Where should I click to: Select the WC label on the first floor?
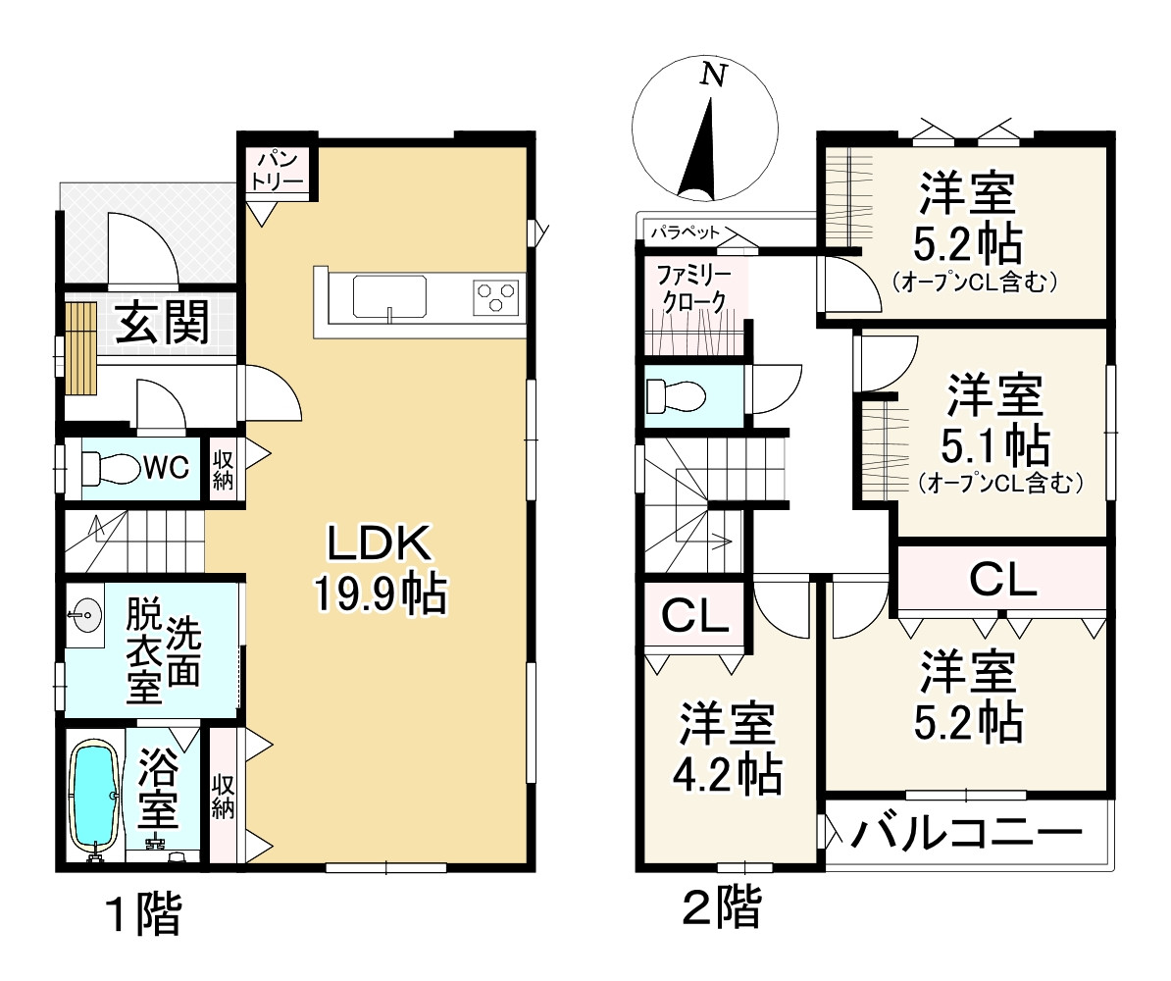(x=167, y=468)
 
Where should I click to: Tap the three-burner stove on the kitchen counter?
(x=495, y=295)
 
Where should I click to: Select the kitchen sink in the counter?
(x=389, y=295)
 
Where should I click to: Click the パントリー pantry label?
(x=280, y=170)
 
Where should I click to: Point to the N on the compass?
(x=715, y=76)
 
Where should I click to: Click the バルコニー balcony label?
(x=966, y=835)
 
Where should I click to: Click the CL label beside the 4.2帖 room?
(x=694, y=616)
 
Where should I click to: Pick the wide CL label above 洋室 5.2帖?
(x=1003, y=580)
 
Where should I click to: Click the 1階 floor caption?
(x=142, y=916)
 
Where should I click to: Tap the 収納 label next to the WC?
(x=224, y=468)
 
